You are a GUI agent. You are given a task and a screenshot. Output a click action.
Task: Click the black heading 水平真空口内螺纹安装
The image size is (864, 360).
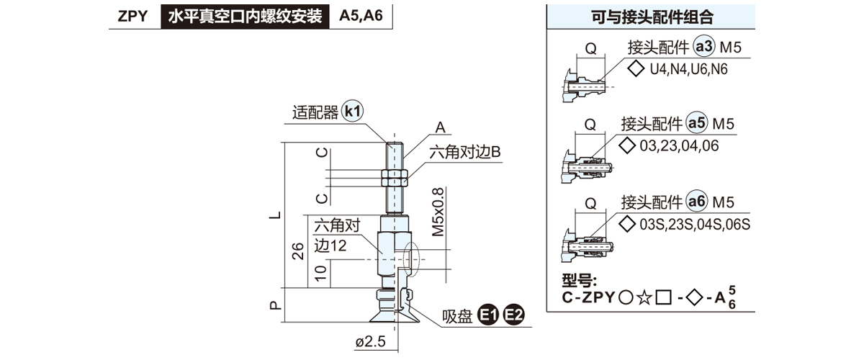coord(245,16)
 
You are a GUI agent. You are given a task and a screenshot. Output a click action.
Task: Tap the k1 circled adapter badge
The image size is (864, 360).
coord(353,112)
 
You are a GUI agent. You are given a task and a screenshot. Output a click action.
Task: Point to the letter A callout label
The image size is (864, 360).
coord(441,128)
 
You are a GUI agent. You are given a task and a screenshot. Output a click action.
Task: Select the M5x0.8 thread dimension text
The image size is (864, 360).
coord(439,212)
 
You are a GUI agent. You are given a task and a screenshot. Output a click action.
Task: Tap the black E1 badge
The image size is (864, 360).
coord(490,315)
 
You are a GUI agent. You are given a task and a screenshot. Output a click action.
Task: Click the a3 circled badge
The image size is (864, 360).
coord(703,48)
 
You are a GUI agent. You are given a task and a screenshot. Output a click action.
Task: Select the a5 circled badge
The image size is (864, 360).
coord(696,123)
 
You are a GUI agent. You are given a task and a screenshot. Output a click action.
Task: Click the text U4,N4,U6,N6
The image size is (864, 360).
coord(688,70)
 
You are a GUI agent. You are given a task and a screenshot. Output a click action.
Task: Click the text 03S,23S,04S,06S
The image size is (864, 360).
coord(695,224)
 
